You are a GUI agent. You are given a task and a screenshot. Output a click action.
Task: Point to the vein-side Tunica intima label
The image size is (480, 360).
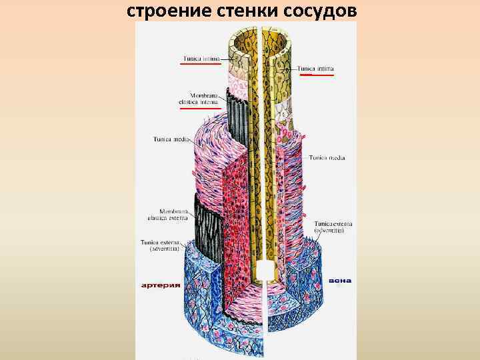click(316, 68)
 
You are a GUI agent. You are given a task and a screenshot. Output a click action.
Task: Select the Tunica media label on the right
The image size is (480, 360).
click(327, 158)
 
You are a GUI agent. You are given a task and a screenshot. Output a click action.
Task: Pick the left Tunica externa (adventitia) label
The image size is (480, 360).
click(160, 245)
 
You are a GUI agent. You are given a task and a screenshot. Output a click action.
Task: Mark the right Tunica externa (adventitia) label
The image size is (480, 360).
click(329, 227)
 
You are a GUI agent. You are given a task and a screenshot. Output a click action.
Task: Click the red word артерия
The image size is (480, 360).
click(161, 285)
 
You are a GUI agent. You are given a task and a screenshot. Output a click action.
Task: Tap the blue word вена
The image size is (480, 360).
click(341, 281)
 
